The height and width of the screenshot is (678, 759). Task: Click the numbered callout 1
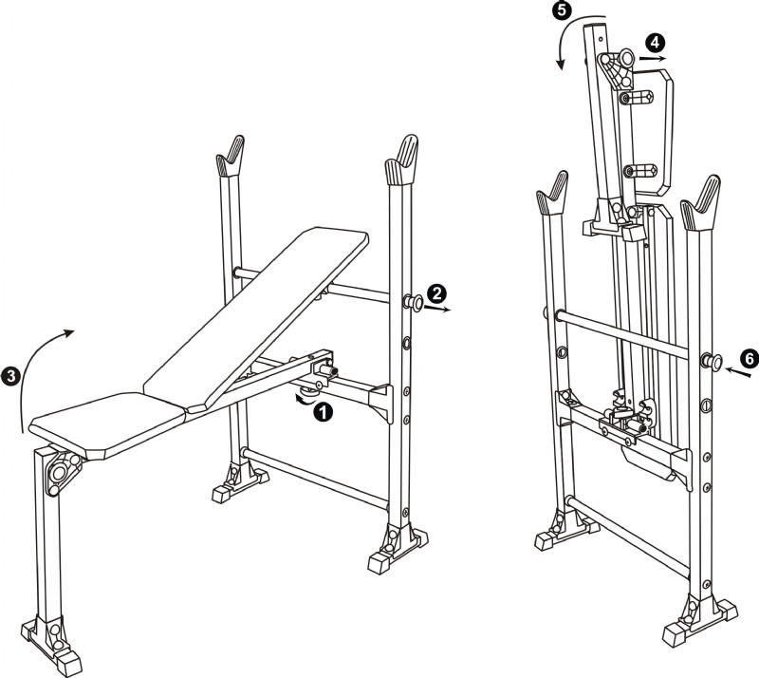(x=323, y=412)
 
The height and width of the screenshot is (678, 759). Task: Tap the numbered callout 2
(x=436, y=293)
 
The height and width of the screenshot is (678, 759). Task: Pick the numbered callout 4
(x=655, y=43)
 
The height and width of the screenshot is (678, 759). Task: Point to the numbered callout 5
(x=562, y=10)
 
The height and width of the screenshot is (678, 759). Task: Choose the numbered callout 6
(x=749, y=359)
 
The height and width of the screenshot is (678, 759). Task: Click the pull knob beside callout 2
(x=414, y=302)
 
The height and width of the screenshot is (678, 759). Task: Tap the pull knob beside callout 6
(x=713, y=362)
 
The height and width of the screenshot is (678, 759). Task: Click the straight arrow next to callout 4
(x=654, y=58)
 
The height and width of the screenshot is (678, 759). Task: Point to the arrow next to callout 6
(x=738, y=372)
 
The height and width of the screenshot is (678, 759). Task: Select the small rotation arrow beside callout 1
(x=305, y=399)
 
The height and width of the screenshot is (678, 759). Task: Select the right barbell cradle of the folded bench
(x=701, y=203)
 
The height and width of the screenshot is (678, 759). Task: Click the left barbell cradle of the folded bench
(x=552, y=193)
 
